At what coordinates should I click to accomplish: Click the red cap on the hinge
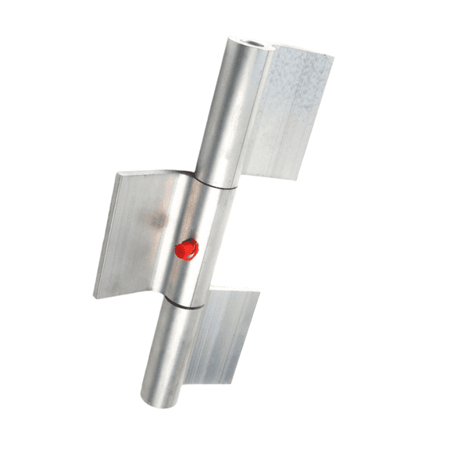187,249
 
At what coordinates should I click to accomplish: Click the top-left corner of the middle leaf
119,173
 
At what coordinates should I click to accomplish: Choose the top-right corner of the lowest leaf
259,294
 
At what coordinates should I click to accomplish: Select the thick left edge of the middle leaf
107,234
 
